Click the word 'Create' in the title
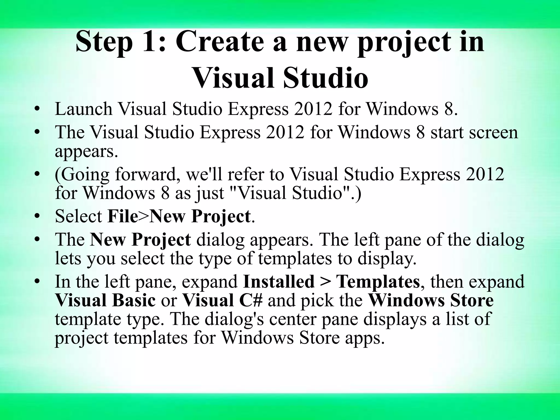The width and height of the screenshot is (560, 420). click(x=221, y=42)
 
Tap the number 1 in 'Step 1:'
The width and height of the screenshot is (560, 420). click(x=150, y=42)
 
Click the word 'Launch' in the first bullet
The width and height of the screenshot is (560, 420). click(x=84, y=109)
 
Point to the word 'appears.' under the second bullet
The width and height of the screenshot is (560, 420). click(x=86, y=151)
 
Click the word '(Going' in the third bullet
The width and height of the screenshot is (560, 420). click(x=82, y=174)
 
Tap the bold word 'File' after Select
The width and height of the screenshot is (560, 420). click(x=123, y=216)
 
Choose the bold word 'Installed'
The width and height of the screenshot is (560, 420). click(x=279, y=281)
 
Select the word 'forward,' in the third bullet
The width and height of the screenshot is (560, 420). click(x=149, y=174)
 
